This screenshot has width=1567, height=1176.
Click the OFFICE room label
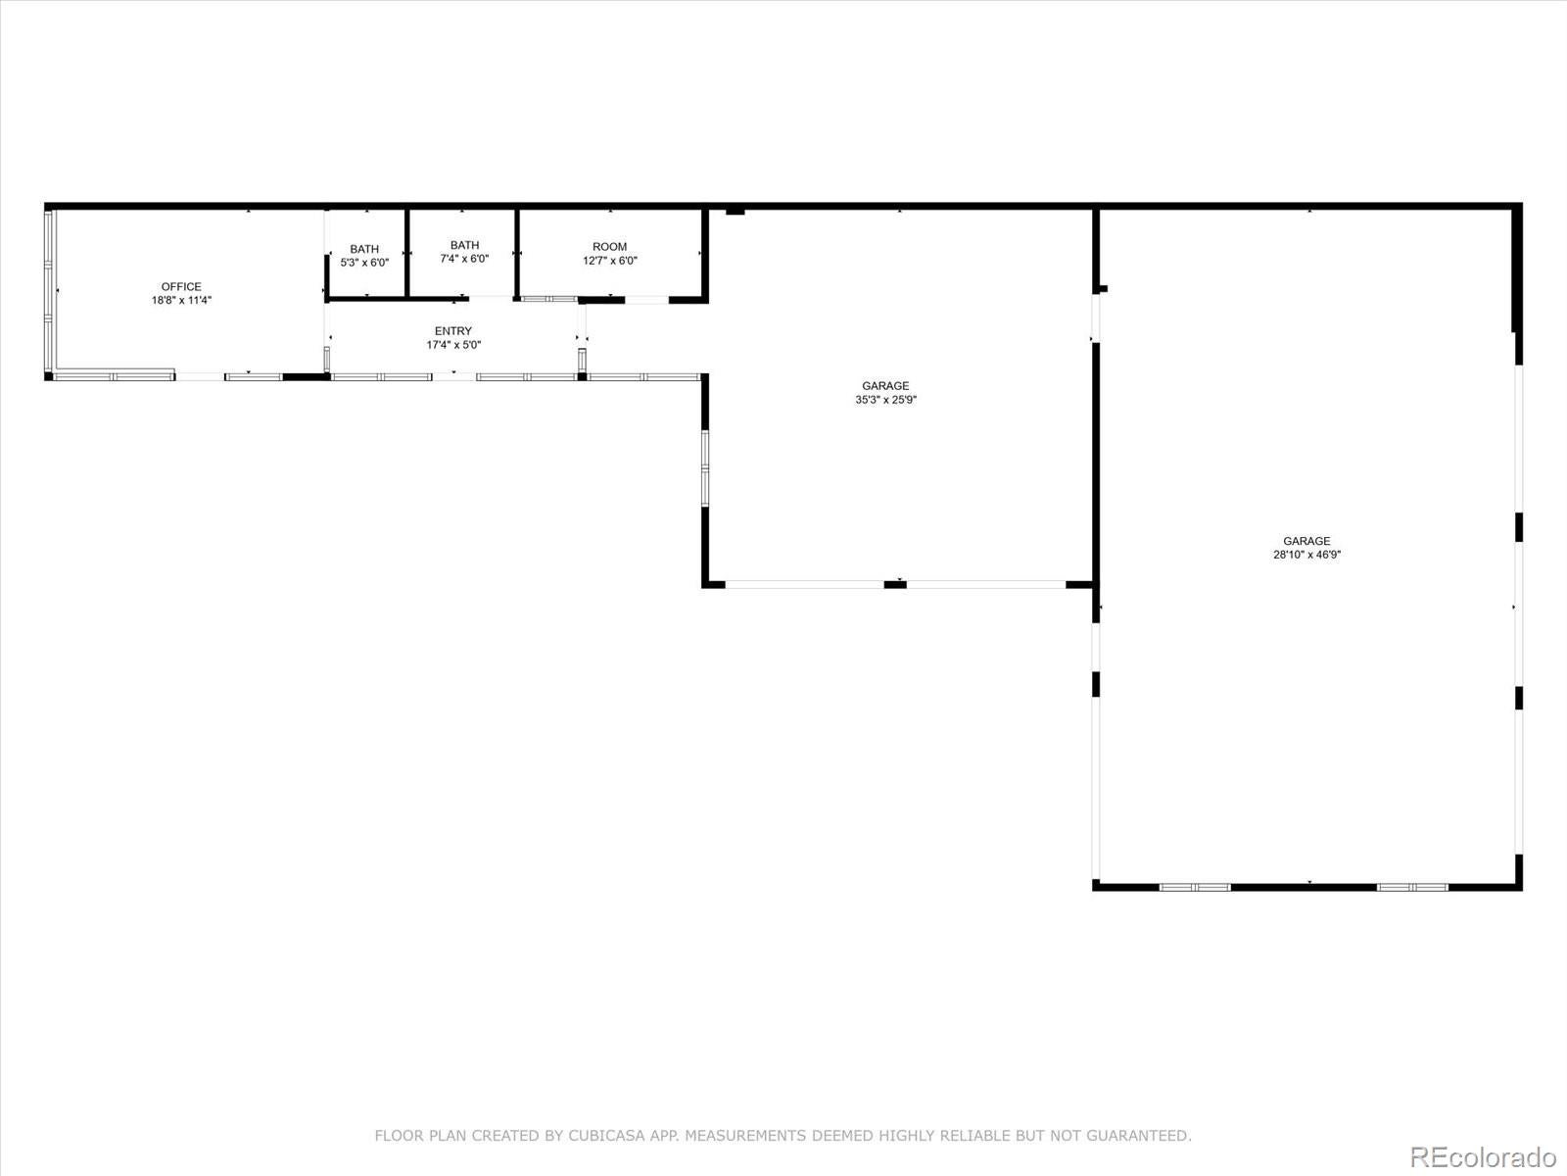[x=181, y=287]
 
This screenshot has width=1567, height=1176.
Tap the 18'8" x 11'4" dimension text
[x=181, y=301]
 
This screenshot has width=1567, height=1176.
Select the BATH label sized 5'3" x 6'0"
[x=364, y=250]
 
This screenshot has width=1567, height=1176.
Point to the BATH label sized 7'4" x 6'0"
[x=464, y=245]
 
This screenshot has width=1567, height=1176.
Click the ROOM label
[x=609, y=247]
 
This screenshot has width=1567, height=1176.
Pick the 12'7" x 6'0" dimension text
[x=609, y=261]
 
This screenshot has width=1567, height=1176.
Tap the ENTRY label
[x=452, y=331]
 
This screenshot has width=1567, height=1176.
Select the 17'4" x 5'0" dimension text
[x=452, y=345]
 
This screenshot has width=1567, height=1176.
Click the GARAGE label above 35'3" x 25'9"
[x=885, y=386]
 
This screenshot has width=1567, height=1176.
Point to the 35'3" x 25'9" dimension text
[x=885, y=400]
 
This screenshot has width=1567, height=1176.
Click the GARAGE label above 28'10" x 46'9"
[x=1306, y=541]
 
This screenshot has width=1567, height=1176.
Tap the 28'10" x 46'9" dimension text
[x=1306, y=555]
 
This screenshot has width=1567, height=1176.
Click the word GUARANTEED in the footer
[x=1140, y=1136]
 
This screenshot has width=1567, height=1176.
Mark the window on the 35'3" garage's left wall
[x=704, y=468]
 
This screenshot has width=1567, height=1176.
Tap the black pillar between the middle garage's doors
[x=895, y=585]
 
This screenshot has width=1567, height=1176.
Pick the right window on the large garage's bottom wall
[x=1412, y=887]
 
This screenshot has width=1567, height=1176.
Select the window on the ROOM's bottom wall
[x=548, y=299]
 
